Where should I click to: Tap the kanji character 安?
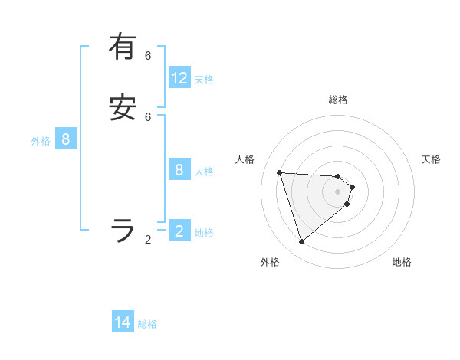point(123,108)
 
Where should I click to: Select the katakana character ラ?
point(123,230)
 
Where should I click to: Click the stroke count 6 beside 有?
point(148,55)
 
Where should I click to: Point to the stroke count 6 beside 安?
point(148,116)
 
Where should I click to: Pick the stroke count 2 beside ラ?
point(148,239)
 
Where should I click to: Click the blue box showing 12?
point(179,78)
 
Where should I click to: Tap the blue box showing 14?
point(123,322)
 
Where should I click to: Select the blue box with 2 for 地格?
point(179,231)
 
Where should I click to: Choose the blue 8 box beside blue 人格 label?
point(179,170)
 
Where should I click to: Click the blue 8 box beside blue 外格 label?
point(66,139)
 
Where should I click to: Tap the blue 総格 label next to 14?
point(147,324)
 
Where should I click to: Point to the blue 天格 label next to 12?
point(204,79)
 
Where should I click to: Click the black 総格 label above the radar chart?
point(338,100)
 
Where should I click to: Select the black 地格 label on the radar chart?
point(402,262)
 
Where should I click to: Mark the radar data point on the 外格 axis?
point(302,242)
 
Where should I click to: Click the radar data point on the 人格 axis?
point(280,172)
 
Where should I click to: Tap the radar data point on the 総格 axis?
point(338,176)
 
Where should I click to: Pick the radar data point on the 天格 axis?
point(353,187)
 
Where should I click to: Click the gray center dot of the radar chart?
point(338,202)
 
